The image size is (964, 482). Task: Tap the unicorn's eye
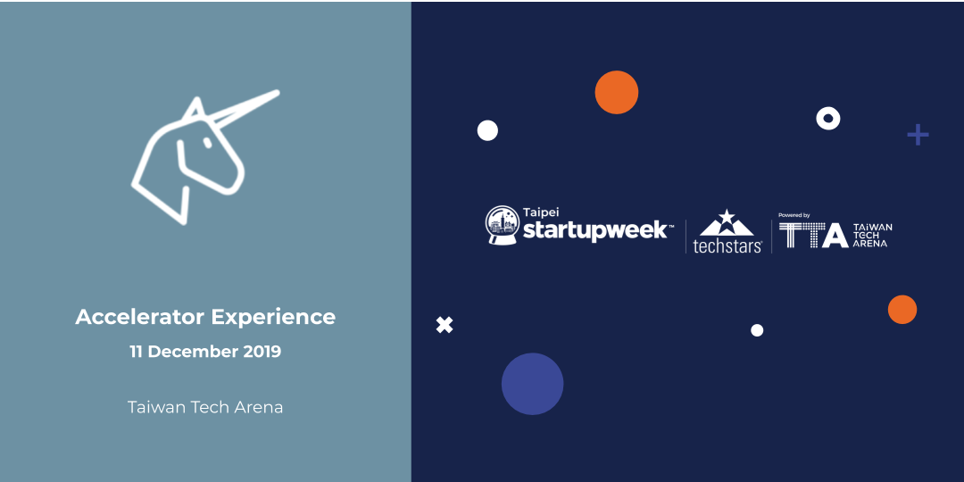click(x=207, y=143)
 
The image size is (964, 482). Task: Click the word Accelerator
click(x=139, y=317)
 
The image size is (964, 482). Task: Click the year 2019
click(x=262, y=353)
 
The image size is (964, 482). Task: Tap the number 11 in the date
click(x=136, y=353)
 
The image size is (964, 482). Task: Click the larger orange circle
click(x=617, y=92)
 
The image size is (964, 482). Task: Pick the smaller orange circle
click(x=902, y=309)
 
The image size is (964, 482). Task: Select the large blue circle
click(x=532, y=384)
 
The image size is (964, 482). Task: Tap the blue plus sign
click(x=918, y=135)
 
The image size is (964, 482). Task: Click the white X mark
click(x=445, y=325)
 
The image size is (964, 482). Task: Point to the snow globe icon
click(x=503, y=225)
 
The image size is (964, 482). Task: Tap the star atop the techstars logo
click(x=727, y=216)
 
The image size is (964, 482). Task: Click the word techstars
click(x=727, y=246)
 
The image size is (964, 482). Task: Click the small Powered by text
click(x=794, y=215)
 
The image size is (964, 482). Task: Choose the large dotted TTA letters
click(x=813, y=235)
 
